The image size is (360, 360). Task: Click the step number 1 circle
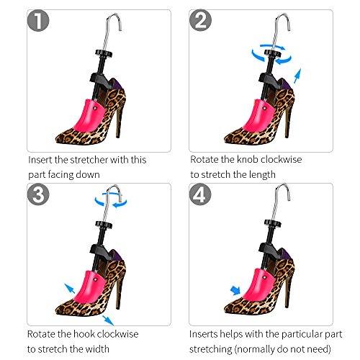[x=38, y=20]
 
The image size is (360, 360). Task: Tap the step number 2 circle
[x=200, y=20]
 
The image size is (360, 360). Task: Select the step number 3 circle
[x=38, y=194]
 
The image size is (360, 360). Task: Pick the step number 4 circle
[x=200, y=194]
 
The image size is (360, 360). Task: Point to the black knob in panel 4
[x=272, y=222]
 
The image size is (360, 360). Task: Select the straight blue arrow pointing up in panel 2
[x=297, y=76]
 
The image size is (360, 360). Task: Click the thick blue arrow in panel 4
[x=235, y=290]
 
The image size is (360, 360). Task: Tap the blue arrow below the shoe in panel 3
[x=108, y=320]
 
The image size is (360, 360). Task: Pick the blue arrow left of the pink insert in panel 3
[x=70, y=288]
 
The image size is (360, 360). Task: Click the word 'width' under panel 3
[x=96, y=349]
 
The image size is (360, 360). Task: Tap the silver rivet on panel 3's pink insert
[x=95, y=279]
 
